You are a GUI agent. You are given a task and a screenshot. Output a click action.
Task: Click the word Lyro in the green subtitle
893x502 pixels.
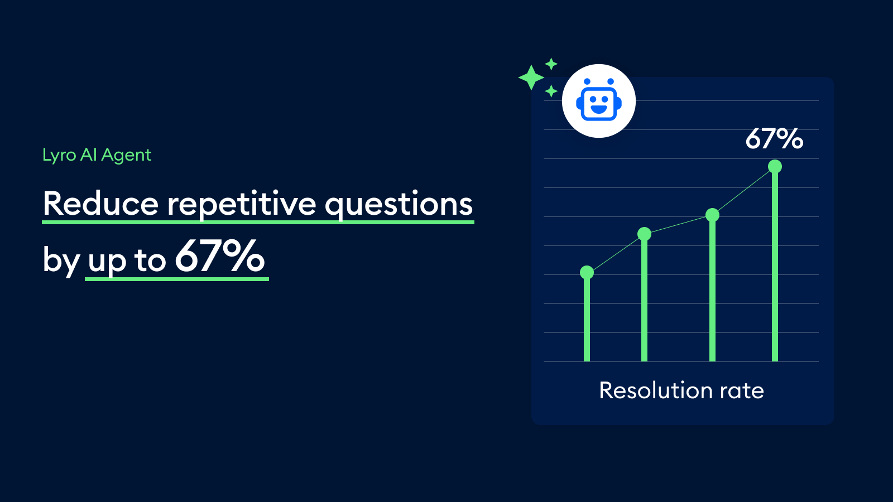point(59,155)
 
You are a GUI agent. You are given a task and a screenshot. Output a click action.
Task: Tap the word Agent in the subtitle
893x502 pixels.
point(126,155)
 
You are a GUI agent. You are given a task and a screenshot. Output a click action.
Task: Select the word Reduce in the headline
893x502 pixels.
point(100,204)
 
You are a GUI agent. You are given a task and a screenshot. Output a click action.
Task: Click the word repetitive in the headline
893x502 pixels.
point(242,204)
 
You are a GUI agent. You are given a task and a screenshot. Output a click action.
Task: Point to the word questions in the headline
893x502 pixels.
point(399,204)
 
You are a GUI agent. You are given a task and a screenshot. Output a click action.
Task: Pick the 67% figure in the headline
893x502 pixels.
point(220,257)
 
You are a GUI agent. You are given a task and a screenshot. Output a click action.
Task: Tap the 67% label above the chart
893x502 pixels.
point(774,139)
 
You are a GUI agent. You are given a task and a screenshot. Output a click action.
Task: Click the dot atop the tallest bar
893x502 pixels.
point(775,166)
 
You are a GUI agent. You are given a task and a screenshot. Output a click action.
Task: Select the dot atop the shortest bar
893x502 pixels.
point(587,272)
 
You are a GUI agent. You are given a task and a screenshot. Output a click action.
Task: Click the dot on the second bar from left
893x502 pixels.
point(644,234)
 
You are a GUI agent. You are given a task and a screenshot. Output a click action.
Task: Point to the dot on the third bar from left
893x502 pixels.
point(712,215)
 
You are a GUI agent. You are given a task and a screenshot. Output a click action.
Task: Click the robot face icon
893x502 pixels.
point(599,101)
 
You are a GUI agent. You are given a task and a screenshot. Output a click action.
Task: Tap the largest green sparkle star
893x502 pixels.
point(531,78)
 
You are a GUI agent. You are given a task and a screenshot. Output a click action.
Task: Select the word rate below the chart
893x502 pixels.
point(742,390)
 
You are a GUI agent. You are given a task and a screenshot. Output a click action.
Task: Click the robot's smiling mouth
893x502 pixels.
point(599,109)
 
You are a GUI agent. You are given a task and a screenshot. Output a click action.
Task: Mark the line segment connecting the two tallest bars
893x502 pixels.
point(743,191)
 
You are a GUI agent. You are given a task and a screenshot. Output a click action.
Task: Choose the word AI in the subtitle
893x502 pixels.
point(88,155)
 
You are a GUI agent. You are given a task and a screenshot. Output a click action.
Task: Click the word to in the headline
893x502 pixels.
point(150,260)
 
